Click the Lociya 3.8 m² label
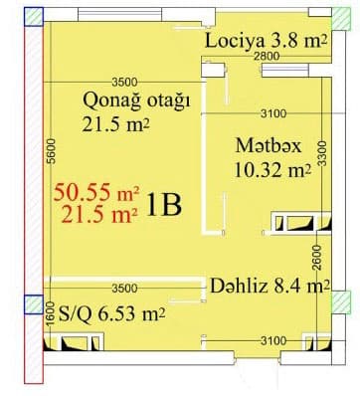click(266, 41)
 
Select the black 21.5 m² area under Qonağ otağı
click(121, 125)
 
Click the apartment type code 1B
click(163, 205)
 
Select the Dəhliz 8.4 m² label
click(270, 288)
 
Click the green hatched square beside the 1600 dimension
click(33, 302)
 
